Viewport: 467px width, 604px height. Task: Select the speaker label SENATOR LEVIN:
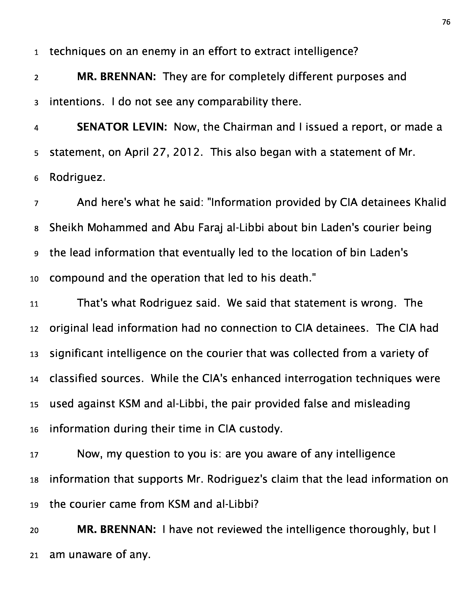(x=122, y=127)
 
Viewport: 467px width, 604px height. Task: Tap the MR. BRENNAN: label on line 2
(x=116, y=77)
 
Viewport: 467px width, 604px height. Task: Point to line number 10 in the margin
(x=34, y=279)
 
